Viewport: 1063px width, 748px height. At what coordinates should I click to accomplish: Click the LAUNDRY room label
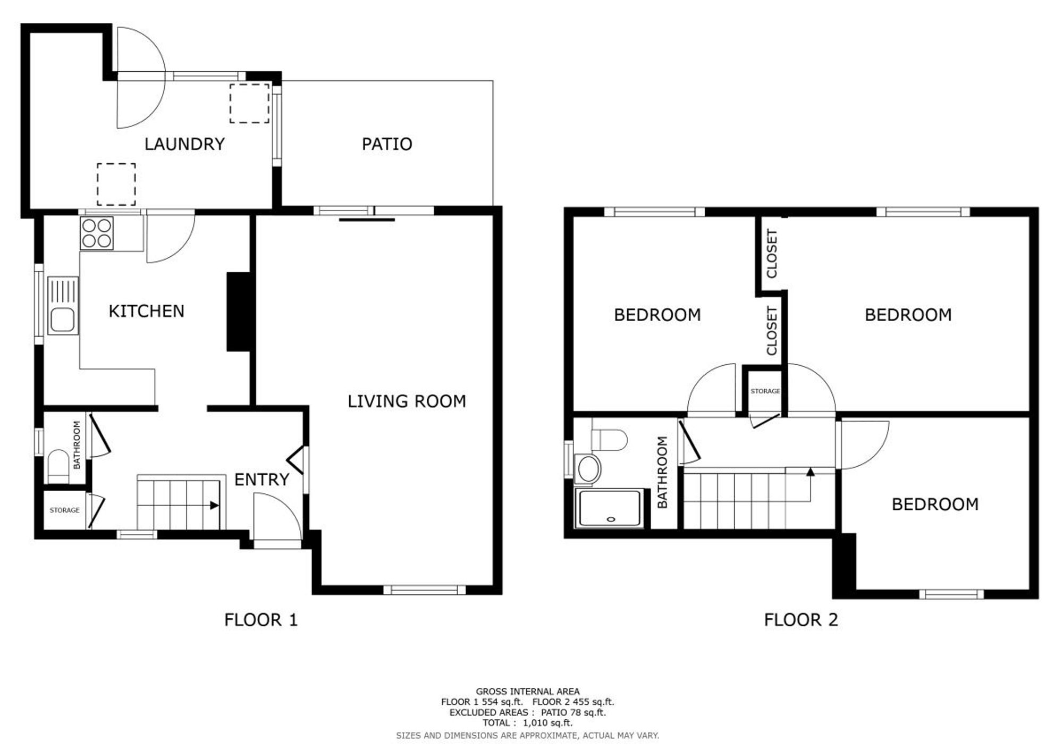pyautogui.click(x=184, y=144)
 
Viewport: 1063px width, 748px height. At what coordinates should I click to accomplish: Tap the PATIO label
pyautogui.click(x=387, y=144)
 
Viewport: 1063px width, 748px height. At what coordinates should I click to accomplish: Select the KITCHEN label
pyautogui.click(x=146, y=311)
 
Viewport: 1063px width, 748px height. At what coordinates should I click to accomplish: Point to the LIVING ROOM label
pyautogui.click(x=407, y=401)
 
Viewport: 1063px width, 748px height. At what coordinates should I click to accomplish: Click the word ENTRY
pyautogui.click(x=261, y=480)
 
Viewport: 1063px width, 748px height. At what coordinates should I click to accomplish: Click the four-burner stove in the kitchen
pyautogui.click(x=97, y=233)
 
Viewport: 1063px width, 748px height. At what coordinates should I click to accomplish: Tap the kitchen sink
pyautogui.click(x=63, y=305)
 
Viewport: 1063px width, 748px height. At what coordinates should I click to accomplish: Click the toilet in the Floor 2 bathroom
pyautogui.click(x=609, y=439)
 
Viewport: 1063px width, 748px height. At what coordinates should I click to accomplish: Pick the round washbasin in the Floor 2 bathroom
pyautogui.click(x=588, y=468)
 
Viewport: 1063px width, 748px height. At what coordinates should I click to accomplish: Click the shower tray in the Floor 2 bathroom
pyautogui.click(x=610, y=508)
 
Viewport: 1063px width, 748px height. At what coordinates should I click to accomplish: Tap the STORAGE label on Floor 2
pyautogui.click(x=765, y=391)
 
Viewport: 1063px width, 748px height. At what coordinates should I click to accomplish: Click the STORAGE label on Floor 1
pyautogui.click(x=64, y=510)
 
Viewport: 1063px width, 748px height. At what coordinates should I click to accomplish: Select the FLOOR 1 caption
pyautogui.click(x=261, y=620)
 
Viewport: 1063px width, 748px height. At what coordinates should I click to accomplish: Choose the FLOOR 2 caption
pyautogui.click(x=801, y=620)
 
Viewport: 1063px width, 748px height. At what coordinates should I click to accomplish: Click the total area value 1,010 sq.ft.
pyautogui.click(x=548, y=723)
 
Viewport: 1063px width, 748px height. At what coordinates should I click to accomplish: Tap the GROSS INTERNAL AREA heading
pyautogui.click(x=528, y=692)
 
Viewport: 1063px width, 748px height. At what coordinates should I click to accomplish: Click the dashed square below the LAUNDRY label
pyautogui.click(x=116, y=184)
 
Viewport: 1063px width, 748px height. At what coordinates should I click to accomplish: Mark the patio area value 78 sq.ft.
pyautogui.click(x=584, y=712)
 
